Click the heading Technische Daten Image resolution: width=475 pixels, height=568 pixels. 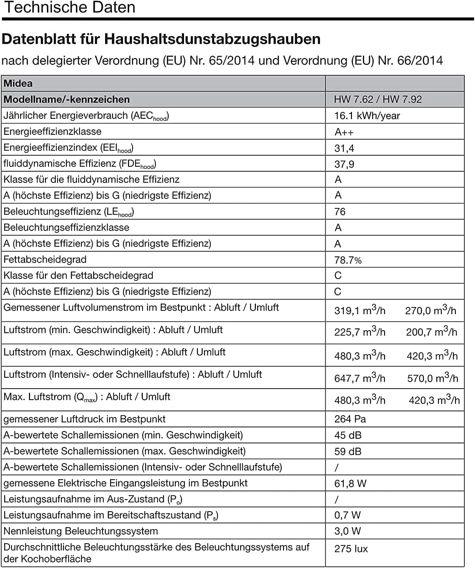pyautogui.click(x=70, y=7)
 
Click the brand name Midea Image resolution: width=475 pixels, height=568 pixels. pyautogui.click(x=18, y=83)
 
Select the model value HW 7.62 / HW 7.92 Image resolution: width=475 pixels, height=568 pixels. pyautogui.click(x=377, y=99)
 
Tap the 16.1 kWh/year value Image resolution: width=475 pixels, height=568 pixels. pyautogui.click(x=367, y=116)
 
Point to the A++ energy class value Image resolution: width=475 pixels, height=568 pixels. pyautogui.click(x=344, y=132)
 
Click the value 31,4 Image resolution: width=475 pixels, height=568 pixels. pyautogui.click(x=344, y=148)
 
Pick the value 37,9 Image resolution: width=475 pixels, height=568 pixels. pyautogui.click(x=344, y=164)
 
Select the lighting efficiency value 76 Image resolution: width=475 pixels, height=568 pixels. pyautogui.click(x=340, y=212)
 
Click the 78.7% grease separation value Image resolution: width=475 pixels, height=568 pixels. pyautogui.click(x=348, y=260)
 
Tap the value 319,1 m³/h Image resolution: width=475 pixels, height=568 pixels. pyautogui.click(x=360, y=310)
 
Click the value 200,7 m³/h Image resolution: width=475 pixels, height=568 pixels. pyautogui.click(x=431, y=332)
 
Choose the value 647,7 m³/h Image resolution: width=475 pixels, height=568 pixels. pyautogui.click(x=360, y=378)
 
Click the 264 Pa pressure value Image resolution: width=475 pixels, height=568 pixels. pyautogui.click(x=350, y=419)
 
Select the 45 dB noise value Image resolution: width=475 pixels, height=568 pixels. pyautogui.click(x=348, y=435)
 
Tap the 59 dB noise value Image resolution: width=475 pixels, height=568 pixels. pyautogui.click(x=348, y=451)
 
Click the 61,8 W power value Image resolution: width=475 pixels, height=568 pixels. pyautogui.click(x=350, y=483)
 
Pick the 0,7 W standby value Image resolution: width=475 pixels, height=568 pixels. pyautogui.click(x=347, y=515)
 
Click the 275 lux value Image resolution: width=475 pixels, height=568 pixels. pyautogui.click(x=351, y=549)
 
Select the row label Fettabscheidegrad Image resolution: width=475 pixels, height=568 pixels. pyautogui.click(x=45, y=259)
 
